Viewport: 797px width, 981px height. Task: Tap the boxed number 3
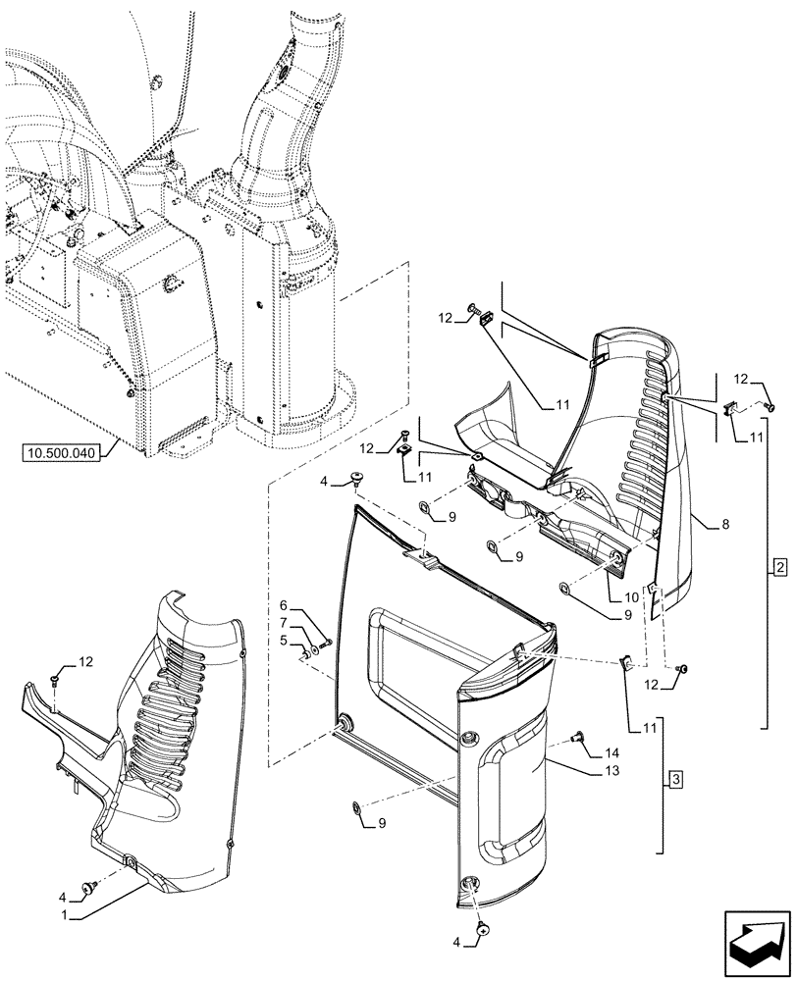pos(674,780)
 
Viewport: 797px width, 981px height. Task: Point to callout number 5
pos(284,642)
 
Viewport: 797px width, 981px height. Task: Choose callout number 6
pos(284,606)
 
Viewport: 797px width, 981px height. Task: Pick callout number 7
pos(284,624)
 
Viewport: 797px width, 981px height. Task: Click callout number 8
pos(723,526)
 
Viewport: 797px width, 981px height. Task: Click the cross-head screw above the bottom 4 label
pos(483,927)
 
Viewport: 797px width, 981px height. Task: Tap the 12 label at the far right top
pos(741,380)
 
